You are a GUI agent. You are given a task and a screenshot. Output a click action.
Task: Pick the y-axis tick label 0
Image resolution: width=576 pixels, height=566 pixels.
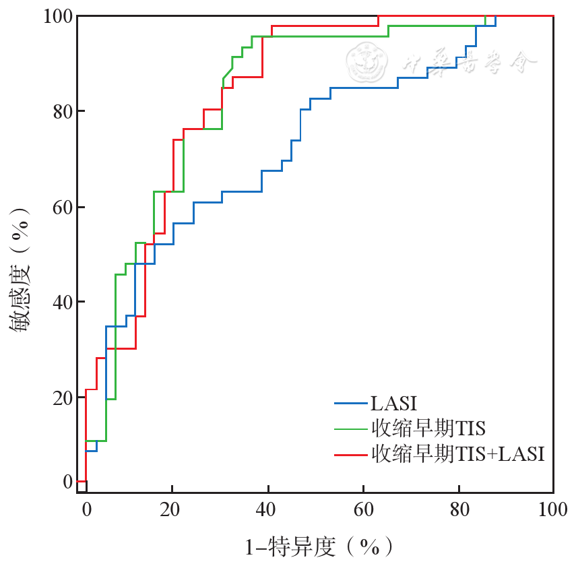67,482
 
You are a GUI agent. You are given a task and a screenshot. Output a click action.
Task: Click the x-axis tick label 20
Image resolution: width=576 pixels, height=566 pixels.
172,509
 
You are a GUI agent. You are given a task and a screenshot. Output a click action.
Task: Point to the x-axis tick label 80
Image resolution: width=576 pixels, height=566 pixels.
459,509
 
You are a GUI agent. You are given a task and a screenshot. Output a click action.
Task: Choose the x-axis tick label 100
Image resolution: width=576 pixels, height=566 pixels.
552,509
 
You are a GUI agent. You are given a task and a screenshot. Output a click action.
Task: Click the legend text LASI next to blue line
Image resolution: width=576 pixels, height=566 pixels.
393,404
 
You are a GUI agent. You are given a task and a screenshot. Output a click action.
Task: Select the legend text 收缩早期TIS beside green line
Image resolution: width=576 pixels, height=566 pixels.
428,429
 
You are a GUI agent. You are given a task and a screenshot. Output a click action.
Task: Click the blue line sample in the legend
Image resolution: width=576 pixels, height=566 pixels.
350,404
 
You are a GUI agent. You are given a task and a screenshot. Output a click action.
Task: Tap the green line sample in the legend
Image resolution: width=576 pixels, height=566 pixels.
350,429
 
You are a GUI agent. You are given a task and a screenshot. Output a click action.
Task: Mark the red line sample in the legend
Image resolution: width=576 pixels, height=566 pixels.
350,454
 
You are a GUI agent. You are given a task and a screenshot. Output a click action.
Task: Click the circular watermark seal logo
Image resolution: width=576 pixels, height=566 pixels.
368,63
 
